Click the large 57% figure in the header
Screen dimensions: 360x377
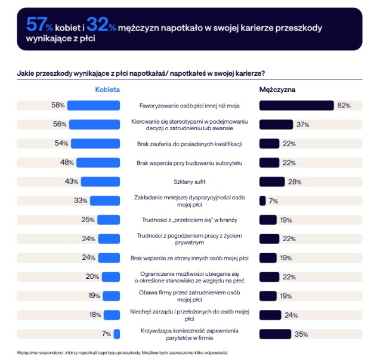click(39, 25)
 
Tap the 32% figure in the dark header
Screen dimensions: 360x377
click(101, 25)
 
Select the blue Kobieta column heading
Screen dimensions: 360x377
click(108, 89)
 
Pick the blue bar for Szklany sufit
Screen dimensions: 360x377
click(101, 181)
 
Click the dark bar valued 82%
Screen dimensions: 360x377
click(296, 106)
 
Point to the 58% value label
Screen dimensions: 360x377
click(58, 106)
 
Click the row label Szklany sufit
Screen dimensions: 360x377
click(190, 181)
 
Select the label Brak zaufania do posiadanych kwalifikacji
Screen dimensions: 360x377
click(190, 143)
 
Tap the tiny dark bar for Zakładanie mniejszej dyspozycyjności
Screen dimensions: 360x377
click(262, 201)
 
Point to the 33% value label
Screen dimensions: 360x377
click(81, 201)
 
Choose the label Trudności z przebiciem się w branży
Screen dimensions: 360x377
click(190, 220)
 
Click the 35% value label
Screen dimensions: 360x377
click(301, 334)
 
